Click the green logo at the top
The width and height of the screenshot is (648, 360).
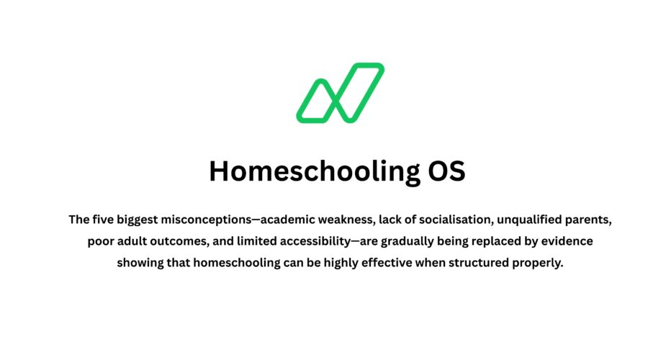(x=340, y=93)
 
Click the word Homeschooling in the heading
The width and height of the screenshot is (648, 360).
(x=310, y=172)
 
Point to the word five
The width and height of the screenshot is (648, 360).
(x=104, y=218)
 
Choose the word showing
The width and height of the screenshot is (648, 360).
(x=140, y=263)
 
